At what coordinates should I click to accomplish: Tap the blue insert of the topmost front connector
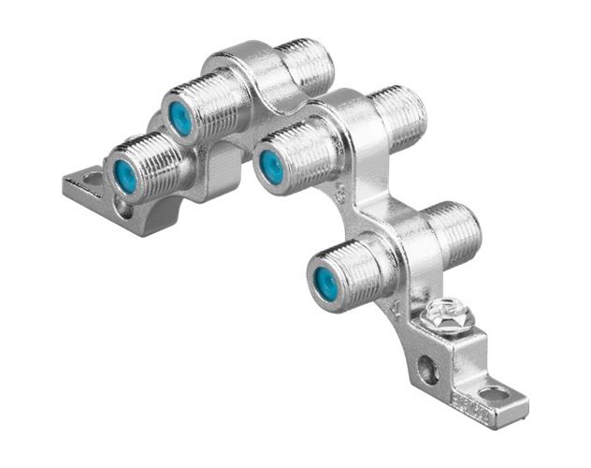click(180, 119)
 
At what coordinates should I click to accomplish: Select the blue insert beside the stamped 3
click(272, 167)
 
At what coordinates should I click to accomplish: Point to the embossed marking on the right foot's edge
click(465, 402)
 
